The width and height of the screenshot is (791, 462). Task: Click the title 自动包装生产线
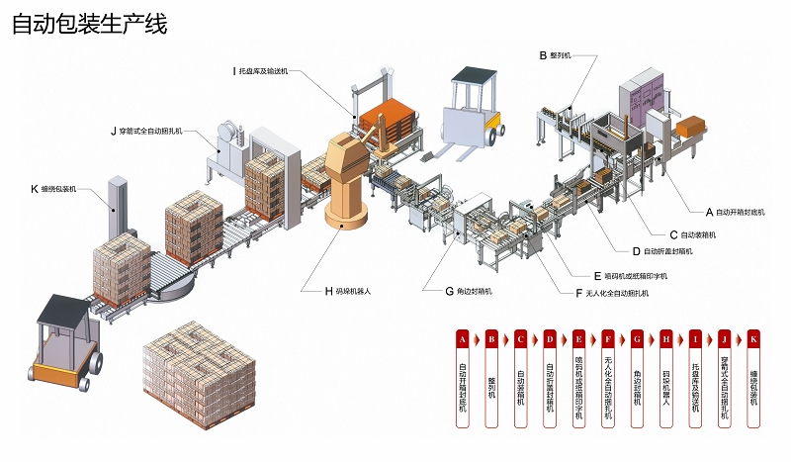(90, 24)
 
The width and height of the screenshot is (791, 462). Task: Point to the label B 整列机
(556, 55)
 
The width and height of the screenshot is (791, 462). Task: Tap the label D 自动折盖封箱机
(661, 251)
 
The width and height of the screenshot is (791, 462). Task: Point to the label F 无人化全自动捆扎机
(617, 293)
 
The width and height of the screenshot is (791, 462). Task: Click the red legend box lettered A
(462, 338)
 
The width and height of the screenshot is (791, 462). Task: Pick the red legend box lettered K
(754, 338)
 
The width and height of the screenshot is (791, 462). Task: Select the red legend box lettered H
(666, 338)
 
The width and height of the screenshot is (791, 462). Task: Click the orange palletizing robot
(347, 178)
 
